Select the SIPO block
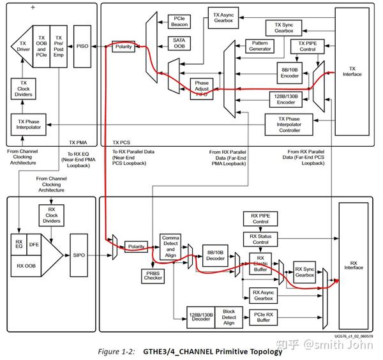(x=80, y=255)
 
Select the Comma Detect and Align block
(x=170, y=245)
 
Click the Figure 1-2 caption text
(x=191, y=350)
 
